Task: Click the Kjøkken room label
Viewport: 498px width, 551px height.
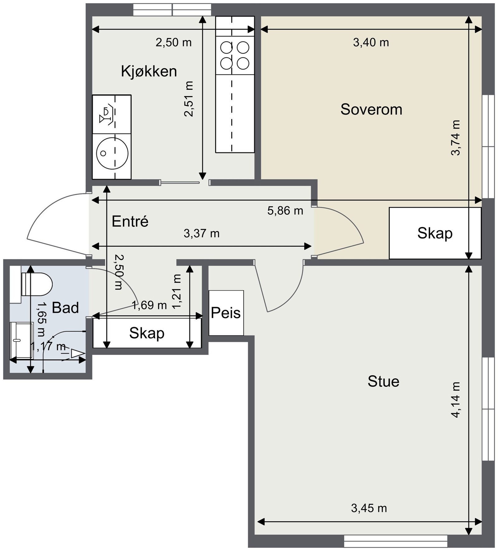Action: pyautogui.click(x=149, y=71)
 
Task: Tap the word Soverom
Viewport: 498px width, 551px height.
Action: pyautogui.click(x=371, y=109)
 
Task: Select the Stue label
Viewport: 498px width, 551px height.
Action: pyautogui.click(x=383, y=381)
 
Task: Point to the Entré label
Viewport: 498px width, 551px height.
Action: pyautogui.click(x=130, y=221)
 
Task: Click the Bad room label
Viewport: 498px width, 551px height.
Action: pyautogui.click(x=65, y=308)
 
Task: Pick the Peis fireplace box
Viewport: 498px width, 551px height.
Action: pyautogui.click(x=226, y=313)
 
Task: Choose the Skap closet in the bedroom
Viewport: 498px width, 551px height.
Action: pyautogui.click(x=435, y=233)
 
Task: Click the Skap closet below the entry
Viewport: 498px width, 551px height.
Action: pyautogui.click(x=147, y=333)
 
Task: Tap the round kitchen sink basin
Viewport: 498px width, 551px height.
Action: pyautogui.click(x=112, y=153)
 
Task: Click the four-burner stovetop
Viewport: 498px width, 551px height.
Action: pyautogui.click(x=235, y=55)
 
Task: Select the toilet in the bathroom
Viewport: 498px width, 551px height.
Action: pyautogui.click(x=36, y=284)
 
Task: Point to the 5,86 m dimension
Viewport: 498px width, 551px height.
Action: pyautogui.click(x=285, y=211)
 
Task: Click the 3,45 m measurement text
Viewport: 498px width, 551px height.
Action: pyautogui.click(x=369, y=508)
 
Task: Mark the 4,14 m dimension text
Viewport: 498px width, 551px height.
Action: pyautogui.click(x=456, y=399)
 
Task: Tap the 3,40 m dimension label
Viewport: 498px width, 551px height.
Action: pyautogui.click(x=371, y=42)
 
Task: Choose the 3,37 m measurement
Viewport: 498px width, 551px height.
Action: pyautogui.click(x=201, y=233)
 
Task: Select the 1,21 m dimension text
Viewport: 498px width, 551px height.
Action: pyautogui.click(x=177, y=292)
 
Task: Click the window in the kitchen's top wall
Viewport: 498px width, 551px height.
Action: pyautogui.click(x=172, y=9)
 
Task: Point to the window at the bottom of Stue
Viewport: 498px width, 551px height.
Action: pyautogui.click(x=395, y=541)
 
